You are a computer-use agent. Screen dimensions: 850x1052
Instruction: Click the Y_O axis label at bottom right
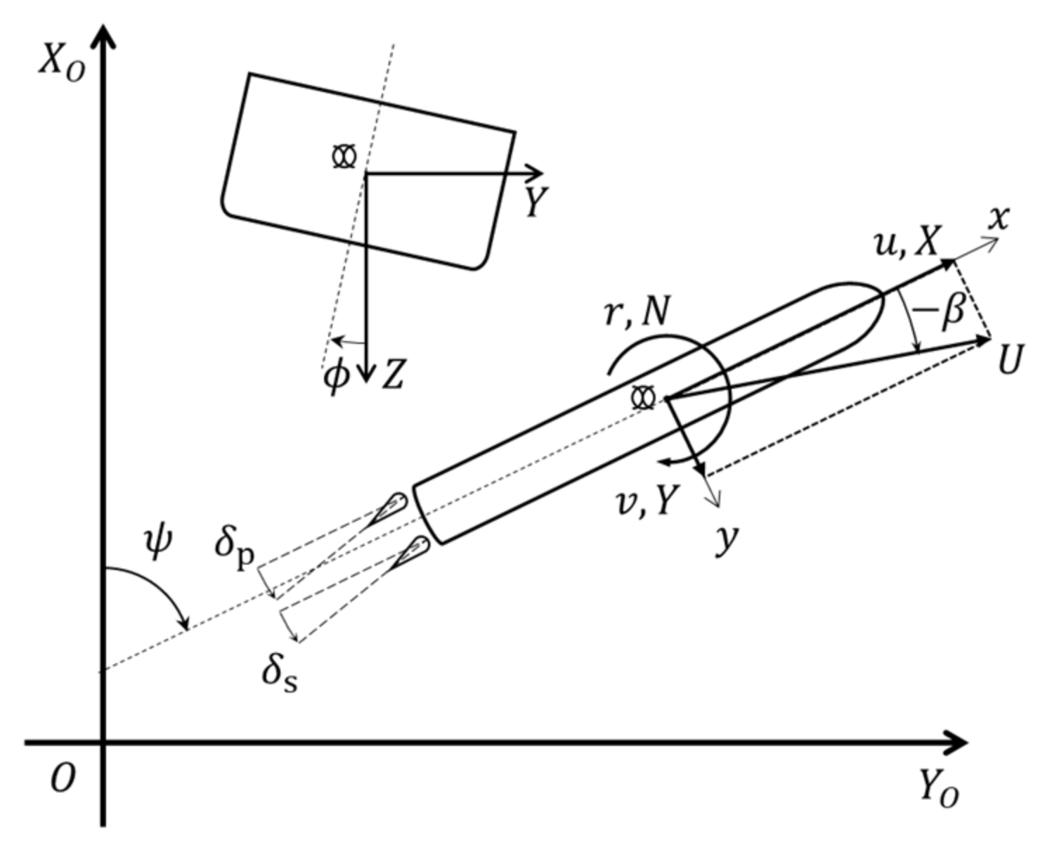pyautogui.click(x=939, y=791)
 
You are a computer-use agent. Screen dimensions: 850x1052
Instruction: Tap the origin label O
pyautogui.click(x=62, y=779)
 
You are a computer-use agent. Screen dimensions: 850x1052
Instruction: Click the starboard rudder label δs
pyautogui.click(x=279, y=673)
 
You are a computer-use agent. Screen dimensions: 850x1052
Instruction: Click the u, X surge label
pyautogui.click(x=906, y=243)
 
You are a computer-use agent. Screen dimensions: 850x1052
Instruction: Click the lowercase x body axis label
pyautogui.click(x=998, y=218)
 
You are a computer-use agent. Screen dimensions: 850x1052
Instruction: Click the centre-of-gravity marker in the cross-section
pyautogui.click(x=344, y=156)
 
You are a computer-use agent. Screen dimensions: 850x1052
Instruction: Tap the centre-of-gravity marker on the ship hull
pyautogui.click(x=643, y=398)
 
